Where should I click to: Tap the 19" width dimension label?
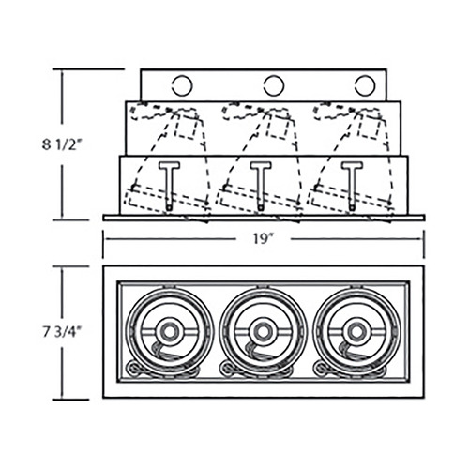[263, 239]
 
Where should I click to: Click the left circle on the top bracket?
[182, 85]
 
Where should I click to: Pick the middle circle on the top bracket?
[274, 85]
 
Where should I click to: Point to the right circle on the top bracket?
[365, 85]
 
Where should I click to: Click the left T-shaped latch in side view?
[169, 186]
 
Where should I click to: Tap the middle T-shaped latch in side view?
[261, 186]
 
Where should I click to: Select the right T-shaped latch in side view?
[352, 186]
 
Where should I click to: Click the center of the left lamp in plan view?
[170, 332]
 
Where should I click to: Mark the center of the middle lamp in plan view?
[263, 332]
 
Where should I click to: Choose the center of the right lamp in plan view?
[356, 332]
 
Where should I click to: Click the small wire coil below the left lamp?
[133, 369]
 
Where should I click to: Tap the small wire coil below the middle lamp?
[227, 369]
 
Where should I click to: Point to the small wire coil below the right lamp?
[321, 369]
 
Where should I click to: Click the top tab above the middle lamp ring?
[263, 286]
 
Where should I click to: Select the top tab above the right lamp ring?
[356, 286]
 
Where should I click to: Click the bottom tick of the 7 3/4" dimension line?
[70, 400]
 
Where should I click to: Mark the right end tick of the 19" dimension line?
[424, 244]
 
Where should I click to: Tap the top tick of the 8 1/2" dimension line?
[88, 68]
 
